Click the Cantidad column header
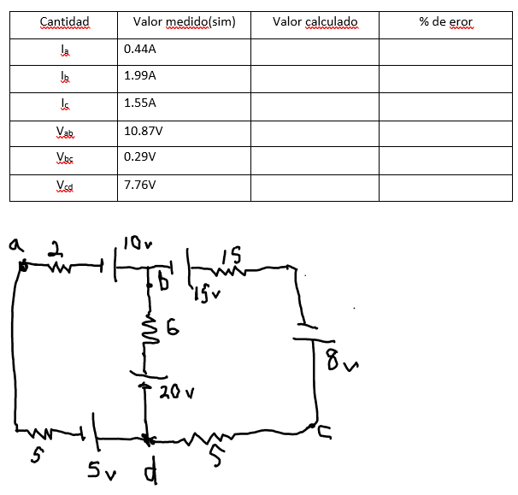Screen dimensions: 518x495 [x=64, y=21]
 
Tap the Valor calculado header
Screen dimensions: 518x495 [x=315, y=21]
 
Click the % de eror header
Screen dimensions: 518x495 [x=445, y=21]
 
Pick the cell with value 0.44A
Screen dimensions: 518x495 [x=140, y=50]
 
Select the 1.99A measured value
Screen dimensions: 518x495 [x=140, y=76]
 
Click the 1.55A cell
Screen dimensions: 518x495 [x=140, y=103]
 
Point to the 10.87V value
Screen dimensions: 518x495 [x=143, y=131]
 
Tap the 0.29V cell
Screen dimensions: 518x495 [x=140, y=157]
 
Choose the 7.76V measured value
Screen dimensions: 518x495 [x=140, y=185]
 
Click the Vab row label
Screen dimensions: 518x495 [x=64, y=131]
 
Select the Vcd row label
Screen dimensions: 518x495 [x=64, y=185]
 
